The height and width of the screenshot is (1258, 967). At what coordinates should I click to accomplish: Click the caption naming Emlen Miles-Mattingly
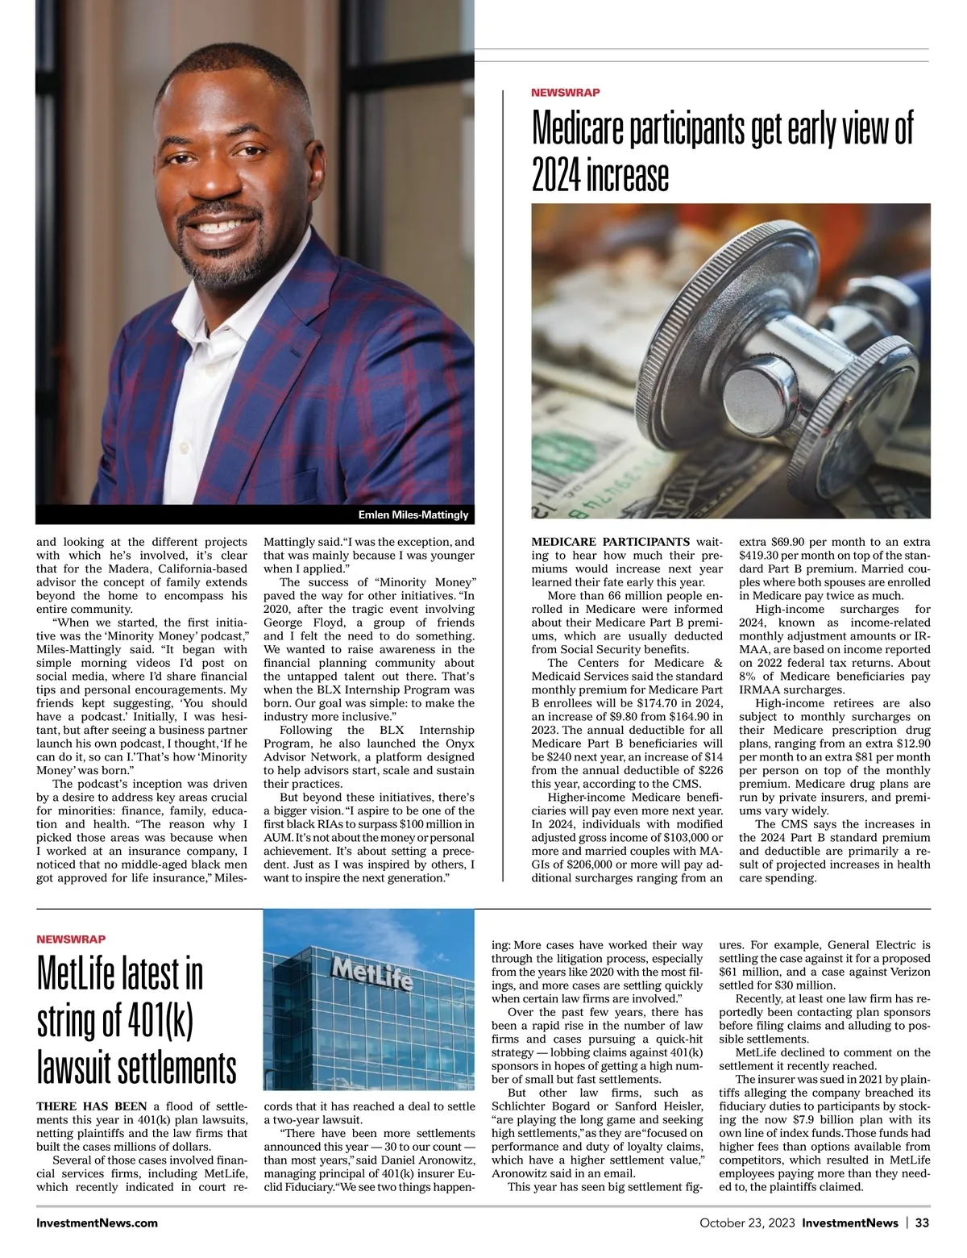413,514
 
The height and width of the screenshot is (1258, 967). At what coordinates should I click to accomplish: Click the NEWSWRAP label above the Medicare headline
565,93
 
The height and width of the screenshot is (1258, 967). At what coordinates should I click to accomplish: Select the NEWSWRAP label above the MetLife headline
71,939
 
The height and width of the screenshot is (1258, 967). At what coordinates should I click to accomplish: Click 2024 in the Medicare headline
556,175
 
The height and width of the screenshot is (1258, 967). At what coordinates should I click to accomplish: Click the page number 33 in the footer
922,1223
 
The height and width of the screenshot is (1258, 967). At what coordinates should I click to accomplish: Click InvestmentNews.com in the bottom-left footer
97,1223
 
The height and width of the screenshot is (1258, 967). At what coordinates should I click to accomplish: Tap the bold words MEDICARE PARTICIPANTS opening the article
610,541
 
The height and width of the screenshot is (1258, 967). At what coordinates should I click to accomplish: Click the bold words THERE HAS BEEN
92,1106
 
